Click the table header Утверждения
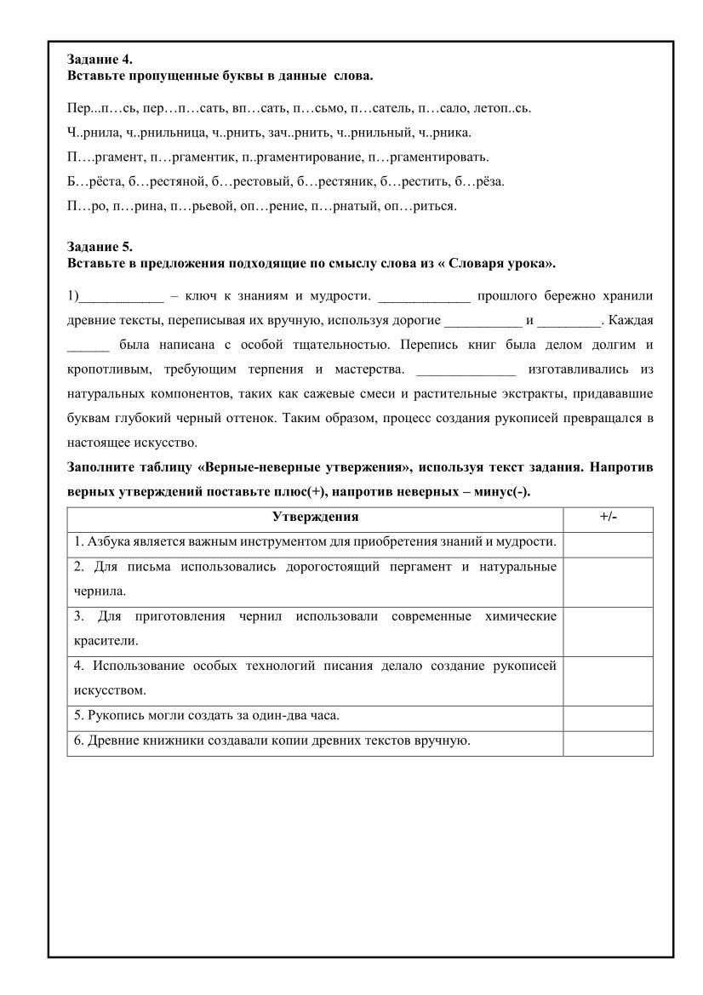point(315,517)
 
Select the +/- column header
point(608,517)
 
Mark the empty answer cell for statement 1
point(608,542)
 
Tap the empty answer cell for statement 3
point(608,627)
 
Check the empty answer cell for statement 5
point(608,714)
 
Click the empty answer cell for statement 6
point(608,741)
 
